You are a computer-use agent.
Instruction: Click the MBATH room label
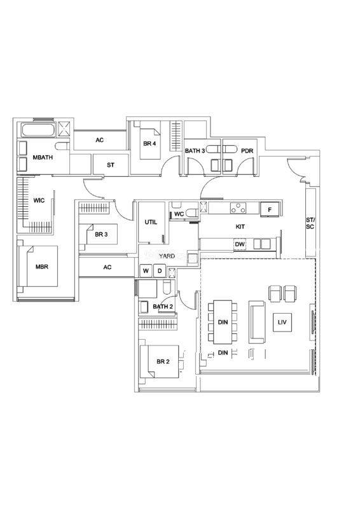click(x=43, y=157)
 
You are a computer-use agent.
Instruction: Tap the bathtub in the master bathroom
click(x=38, y=130)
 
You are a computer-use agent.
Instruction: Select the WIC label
click(x=39, y=200)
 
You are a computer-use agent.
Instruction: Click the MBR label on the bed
click(x=42, y=267)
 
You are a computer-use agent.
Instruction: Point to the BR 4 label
click(x=149, y=143)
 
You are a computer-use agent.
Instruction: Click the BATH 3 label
click(x=195, y=151)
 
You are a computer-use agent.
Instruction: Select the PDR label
click(x=247, y=151)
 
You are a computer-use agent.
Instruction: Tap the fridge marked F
click(x=270, y=210)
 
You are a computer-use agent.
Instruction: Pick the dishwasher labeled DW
click(x=240, y=244)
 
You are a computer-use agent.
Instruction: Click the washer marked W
click(x=146, y=271)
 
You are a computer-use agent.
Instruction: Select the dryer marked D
click(x=160, y=271)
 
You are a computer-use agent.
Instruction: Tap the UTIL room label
click(x=151, y=222)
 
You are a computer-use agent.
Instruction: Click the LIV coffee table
click(x=282, y=323)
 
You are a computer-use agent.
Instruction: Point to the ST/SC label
click(x=310, y=223)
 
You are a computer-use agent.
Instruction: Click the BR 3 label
click(x=101, y=234)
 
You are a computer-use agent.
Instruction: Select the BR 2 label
click(x=163, y=361)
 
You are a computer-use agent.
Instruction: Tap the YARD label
click(x=167, y=256)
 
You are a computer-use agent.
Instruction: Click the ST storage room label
click(x=111, y=165)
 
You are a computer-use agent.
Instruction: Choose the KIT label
click(x=240, y=227)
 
